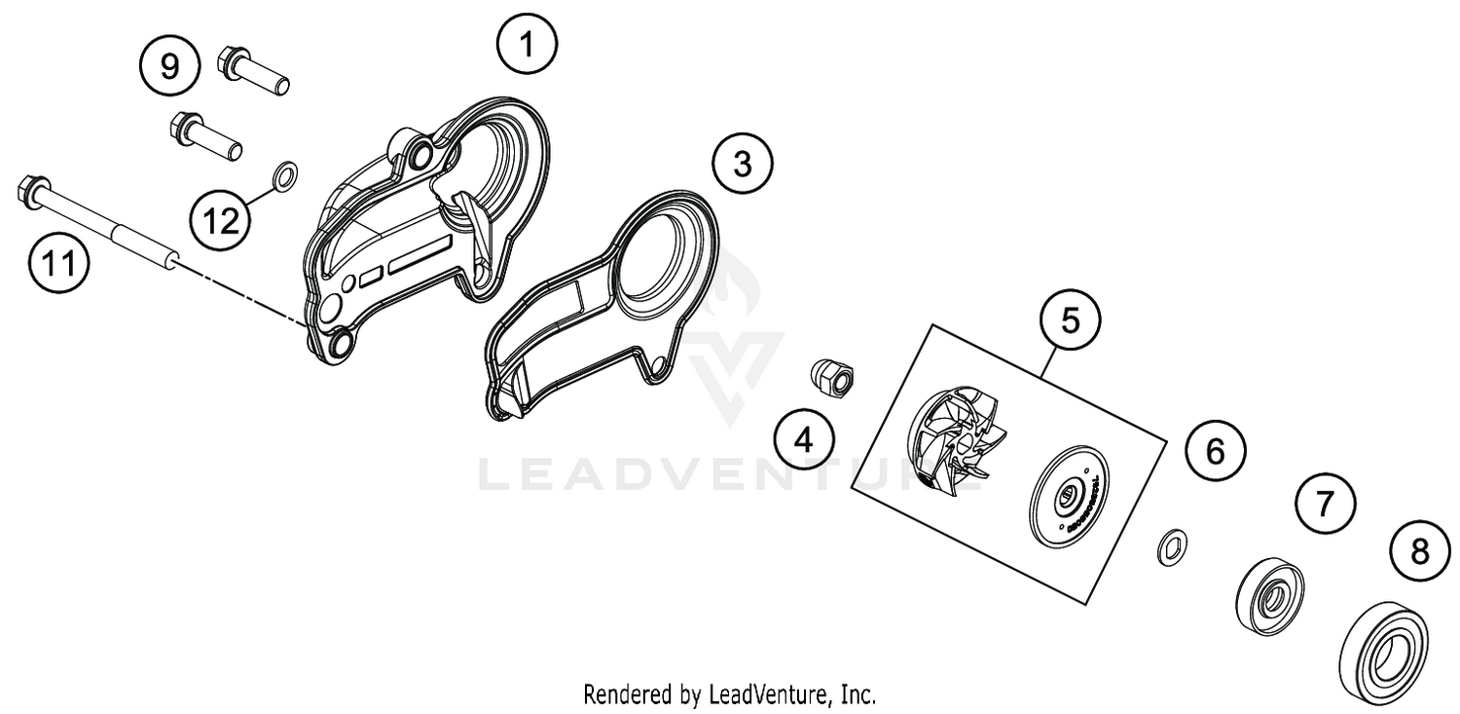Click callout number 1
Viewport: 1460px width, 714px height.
[x=527, y=46]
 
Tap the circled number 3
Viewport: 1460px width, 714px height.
[x=743, y=164]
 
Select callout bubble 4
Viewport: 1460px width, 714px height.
[x=804, y=440]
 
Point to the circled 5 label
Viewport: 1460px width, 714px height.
[x=1070, y=320]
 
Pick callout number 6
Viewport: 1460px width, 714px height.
[x=1215, y=452]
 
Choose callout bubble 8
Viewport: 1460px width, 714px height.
[x=1420, y=552]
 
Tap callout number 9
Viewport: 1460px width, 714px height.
[x=169, y=66]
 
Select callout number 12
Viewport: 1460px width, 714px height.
[x=220, y=221]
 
